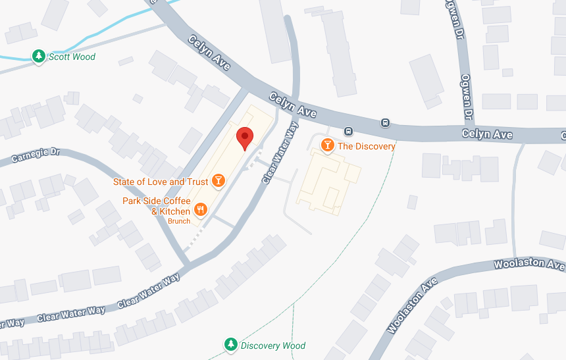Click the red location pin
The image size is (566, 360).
(x=245, y=138)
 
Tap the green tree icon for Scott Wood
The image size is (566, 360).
(x=39, y=57)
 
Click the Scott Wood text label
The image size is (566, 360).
(x=72, y=57)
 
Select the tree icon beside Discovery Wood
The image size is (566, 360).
(x=230, y=344)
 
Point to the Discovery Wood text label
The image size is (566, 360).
(x=273, y=345)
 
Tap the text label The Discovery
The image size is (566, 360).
(x=367, y=146)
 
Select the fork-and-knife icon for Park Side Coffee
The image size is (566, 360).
(x=201, y=210)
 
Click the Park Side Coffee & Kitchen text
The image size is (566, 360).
(x=157, y=206)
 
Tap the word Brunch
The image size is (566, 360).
(x=179, y=221)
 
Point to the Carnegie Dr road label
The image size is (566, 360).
(x=36, y=155)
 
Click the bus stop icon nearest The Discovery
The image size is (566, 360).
(x=348, y=130)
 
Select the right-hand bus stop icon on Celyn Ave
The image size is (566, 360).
(x=385, y=122)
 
